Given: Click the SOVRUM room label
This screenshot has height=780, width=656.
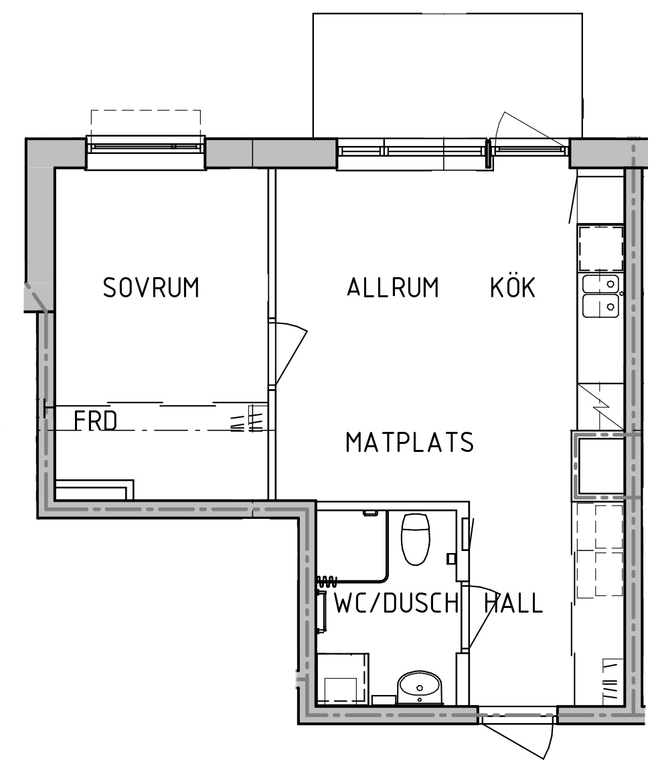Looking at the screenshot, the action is [151, 287].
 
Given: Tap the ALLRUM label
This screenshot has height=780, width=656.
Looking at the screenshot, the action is [393, 287].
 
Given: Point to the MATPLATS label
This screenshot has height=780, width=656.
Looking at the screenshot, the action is [410, 443].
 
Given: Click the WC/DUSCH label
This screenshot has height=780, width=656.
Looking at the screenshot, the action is [396, 603].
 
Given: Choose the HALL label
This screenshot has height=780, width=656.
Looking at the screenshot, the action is [514, 603].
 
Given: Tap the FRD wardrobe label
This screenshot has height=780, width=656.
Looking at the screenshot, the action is [96, 421].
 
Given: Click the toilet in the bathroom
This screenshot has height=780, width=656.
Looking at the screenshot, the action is [415, 539].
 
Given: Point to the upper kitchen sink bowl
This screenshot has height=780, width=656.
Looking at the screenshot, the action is [601, 284].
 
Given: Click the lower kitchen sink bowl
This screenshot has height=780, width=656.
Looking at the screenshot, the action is [601, 305].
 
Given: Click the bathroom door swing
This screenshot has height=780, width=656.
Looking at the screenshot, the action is [481, 617].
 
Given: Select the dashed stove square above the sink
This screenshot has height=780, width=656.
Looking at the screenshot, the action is [601, 248].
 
